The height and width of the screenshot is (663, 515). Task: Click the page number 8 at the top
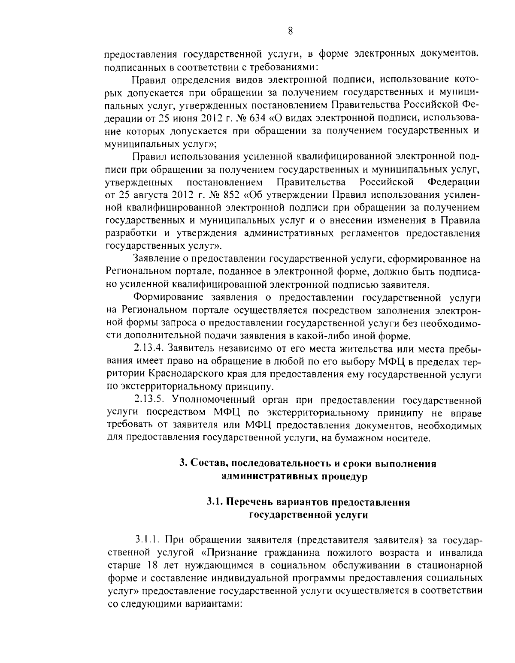(x=291, y=30)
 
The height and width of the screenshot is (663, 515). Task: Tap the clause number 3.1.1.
(x=148, y=539)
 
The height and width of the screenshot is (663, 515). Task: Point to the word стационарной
(x=447, y=564)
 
